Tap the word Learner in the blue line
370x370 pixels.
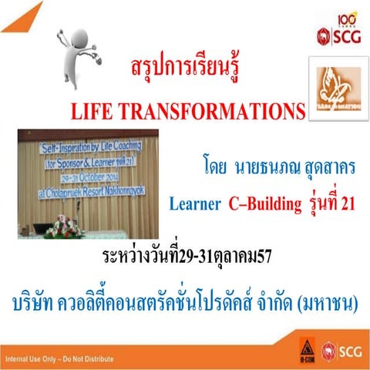(196, 204)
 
